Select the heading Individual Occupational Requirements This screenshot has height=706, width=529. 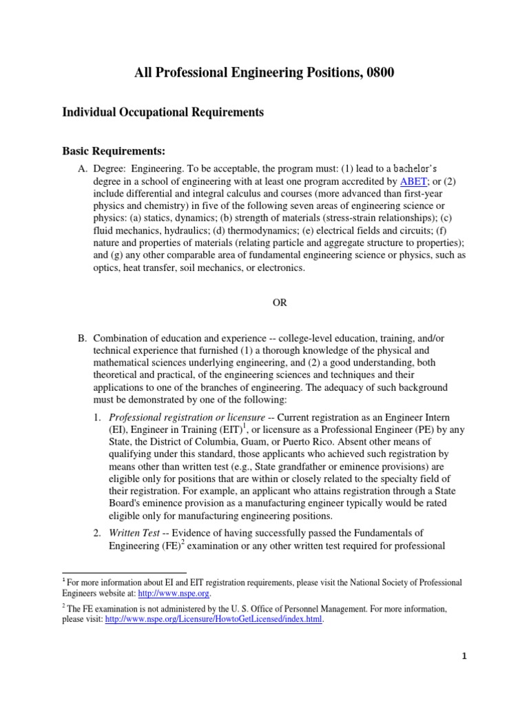[x=163, y=111]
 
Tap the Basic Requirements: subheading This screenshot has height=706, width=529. [x=114, y=150]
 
